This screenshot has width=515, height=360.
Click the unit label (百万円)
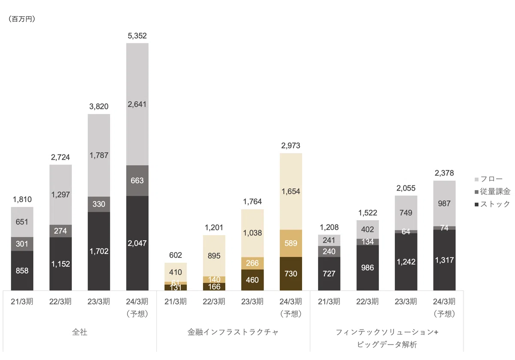tap(22, 19)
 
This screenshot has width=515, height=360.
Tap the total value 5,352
tap(137, 36)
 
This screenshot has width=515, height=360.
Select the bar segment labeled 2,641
tap(137, 104)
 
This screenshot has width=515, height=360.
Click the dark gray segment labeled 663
tap(137, 181)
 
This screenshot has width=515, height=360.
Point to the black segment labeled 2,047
tap(137, 243)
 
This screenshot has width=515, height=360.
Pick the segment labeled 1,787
tap(99, 155)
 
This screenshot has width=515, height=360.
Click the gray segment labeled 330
tap(99, 204)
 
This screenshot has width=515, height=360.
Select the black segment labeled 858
tap(22, 271)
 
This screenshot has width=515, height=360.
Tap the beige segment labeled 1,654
tap(291, 191)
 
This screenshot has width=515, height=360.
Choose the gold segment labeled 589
tap(291, 243)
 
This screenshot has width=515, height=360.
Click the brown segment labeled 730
tap(291, 274)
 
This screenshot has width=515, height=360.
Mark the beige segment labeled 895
tap(214, 256)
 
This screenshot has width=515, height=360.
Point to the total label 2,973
tap(291, 145)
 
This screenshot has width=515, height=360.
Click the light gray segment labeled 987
tap(445, 203)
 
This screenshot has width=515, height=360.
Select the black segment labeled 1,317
tap(445, 260)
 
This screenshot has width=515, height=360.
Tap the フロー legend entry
tap(488, 179)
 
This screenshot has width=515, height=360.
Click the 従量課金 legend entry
tap(492, 191)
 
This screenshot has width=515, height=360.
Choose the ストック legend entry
tap(492, 204)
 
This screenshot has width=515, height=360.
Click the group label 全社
tap(79, 332)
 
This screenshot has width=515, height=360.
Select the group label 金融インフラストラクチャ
tap(233, 332)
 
